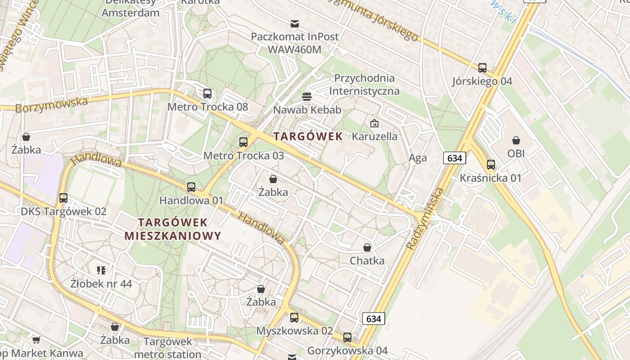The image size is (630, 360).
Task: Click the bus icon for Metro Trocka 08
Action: [x=207, y=94]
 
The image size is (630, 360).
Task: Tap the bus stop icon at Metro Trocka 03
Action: [x=243, y=142]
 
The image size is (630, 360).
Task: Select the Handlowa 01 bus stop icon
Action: [x=191, y=187]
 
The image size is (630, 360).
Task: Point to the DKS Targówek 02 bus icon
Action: [x=63, y=198]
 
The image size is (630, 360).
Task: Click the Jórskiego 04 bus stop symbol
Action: [x=482, y=68]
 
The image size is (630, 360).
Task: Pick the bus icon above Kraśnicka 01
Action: [x=491, y=165]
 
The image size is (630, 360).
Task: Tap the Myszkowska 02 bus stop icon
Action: [x=294, y=318]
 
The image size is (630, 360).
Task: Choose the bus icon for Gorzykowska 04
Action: [x=347, y=337]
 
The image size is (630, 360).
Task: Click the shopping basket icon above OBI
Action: [x=516, y=140]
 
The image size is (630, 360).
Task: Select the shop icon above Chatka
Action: [x=367, y=247]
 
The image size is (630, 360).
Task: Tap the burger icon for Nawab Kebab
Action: [x=307, y=96]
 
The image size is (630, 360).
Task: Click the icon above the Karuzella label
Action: [x=374, y=123]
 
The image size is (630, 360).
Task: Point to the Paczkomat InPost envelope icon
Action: [x=295, y=23]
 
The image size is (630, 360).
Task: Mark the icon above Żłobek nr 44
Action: [x=101, y=270]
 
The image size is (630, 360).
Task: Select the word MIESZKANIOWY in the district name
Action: [x=173, y=236]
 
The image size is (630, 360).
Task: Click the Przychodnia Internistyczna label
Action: [x=364, y=85]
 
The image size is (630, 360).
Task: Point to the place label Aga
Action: [x=418, y=158]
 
